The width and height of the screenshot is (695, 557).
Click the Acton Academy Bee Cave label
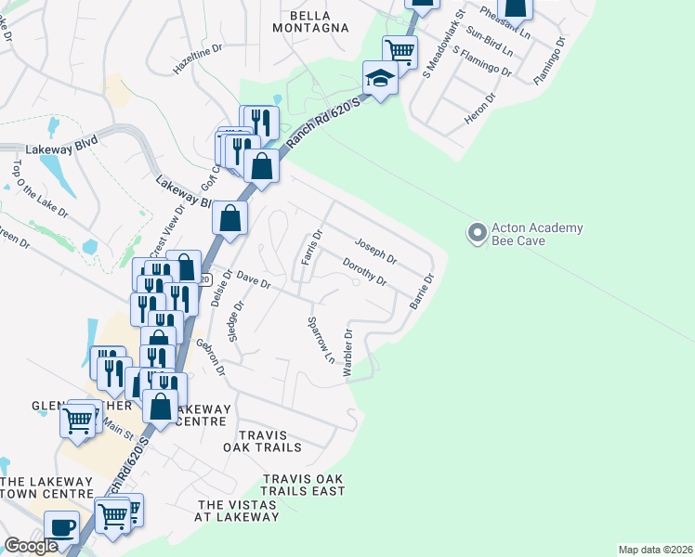536,234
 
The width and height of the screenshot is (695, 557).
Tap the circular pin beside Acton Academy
478,233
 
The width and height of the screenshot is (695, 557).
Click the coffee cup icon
62,527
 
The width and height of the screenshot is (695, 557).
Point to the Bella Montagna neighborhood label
318,21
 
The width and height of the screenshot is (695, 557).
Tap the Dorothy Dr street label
364,272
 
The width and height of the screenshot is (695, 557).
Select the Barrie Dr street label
422,291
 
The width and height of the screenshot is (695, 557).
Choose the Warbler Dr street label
348,352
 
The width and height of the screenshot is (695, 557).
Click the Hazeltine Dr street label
198,61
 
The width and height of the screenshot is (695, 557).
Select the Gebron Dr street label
210,356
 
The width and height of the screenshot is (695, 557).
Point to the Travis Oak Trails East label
303,485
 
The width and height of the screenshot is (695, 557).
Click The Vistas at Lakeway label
237,510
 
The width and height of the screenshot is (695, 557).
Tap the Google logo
31,546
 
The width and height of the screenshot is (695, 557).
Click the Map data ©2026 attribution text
655,550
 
